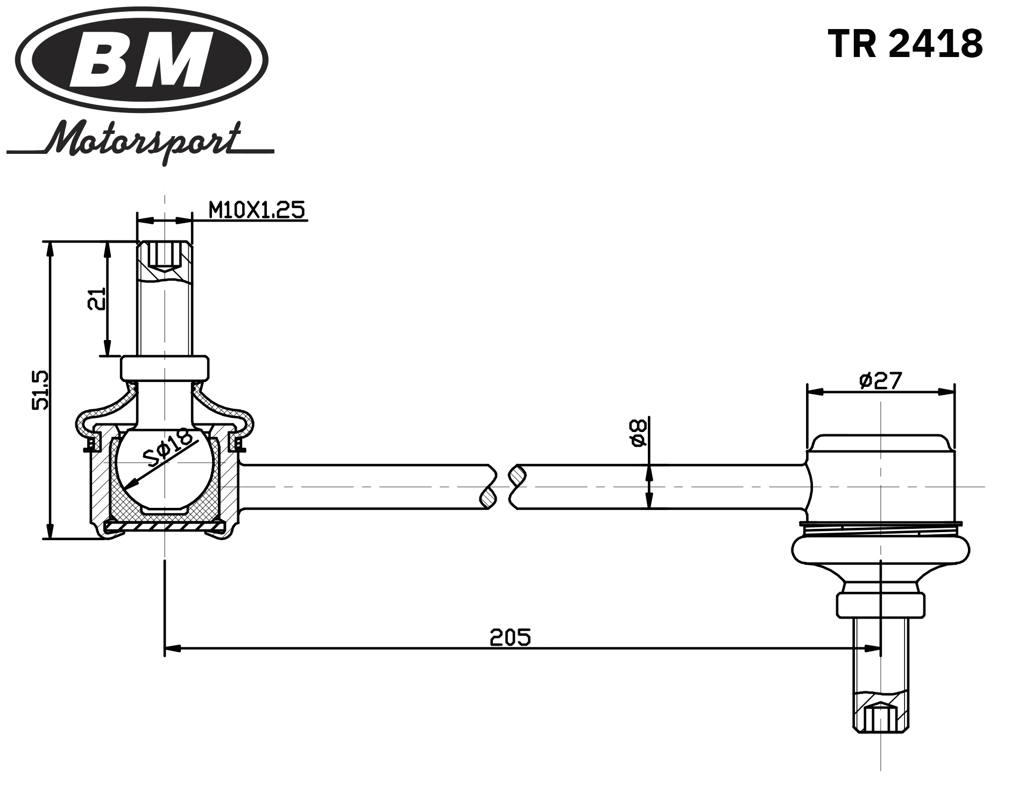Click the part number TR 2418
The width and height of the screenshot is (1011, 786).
pos(905,44)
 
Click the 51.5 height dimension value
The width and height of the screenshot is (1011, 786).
pos(40,390)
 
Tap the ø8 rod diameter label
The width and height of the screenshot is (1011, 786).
pos(638,433)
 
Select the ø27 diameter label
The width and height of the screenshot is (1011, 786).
pos(880,380)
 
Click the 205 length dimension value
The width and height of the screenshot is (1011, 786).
pos(510,637)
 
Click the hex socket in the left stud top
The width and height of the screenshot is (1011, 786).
pos(164,255)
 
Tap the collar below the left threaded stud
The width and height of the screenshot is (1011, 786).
pos(164,367)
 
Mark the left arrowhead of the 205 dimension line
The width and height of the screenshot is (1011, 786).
pos(171,648)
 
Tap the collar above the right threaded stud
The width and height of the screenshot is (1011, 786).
pos(880,605)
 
